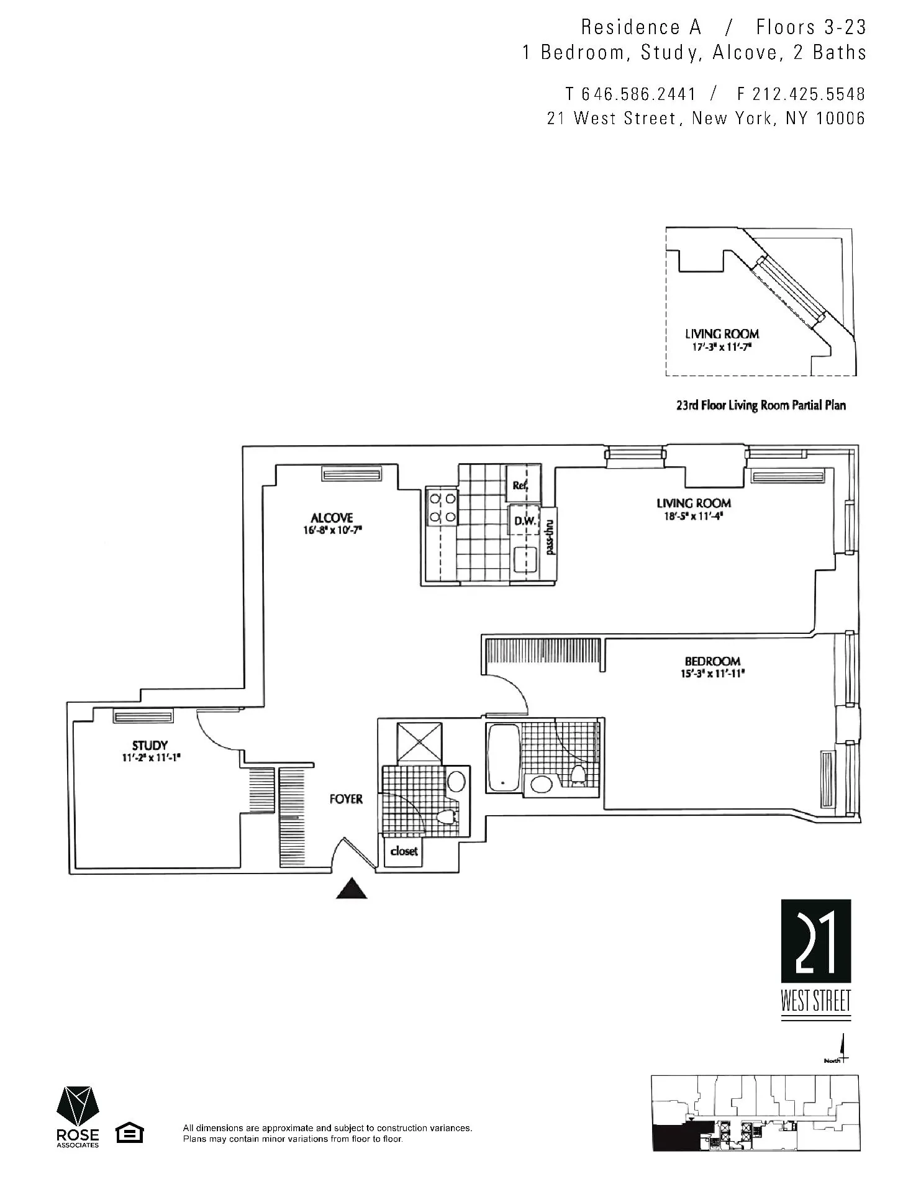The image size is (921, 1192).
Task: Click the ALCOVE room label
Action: point(332,518)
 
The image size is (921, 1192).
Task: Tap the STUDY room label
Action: point(150,745)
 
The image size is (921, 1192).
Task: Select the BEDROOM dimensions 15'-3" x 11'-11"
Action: point(712,673)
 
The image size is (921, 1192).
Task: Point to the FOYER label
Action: point(346,799)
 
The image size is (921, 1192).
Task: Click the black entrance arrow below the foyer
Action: point(352,889)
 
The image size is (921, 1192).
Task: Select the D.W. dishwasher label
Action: point(525,521)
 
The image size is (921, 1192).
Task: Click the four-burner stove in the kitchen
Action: point(442,507)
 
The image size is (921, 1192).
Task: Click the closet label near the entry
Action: point(404,851)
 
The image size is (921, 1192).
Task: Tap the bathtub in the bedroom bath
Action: point(504,757)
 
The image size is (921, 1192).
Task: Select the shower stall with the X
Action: point(420,741)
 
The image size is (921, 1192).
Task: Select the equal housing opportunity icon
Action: point(130,1133)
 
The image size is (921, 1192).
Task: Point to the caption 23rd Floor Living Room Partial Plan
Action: point(761,405)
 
